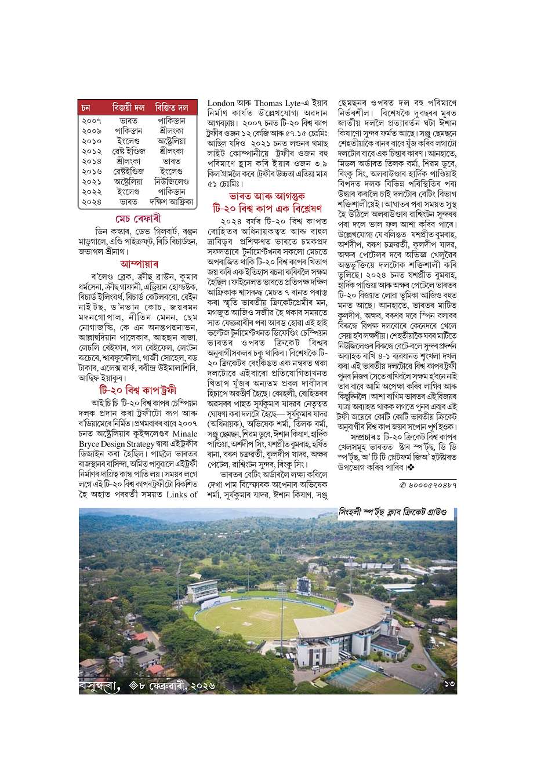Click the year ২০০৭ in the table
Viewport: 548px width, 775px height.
point(92,121)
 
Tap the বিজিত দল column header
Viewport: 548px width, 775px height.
point(172,108)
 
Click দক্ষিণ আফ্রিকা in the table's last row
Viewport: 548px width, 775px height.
point(171,202)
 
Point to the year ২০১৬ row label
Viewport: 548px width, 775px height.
point(92,172)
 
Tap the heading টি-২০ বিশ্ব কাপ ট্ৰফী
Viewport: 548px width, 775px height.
point(137,372)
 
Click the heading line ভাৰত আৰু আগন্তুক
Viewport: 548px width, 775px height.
point(267,196)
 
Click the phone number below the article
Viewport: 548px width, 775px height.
point(428,483)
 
